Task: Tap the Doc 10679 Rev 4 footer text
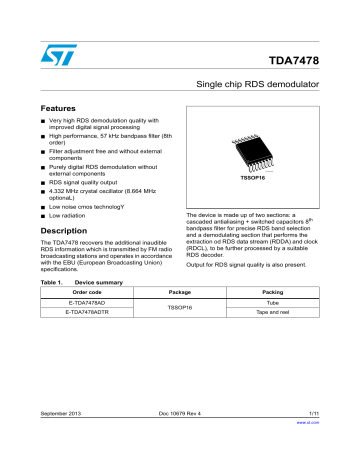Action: click(x=180, y=441)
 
